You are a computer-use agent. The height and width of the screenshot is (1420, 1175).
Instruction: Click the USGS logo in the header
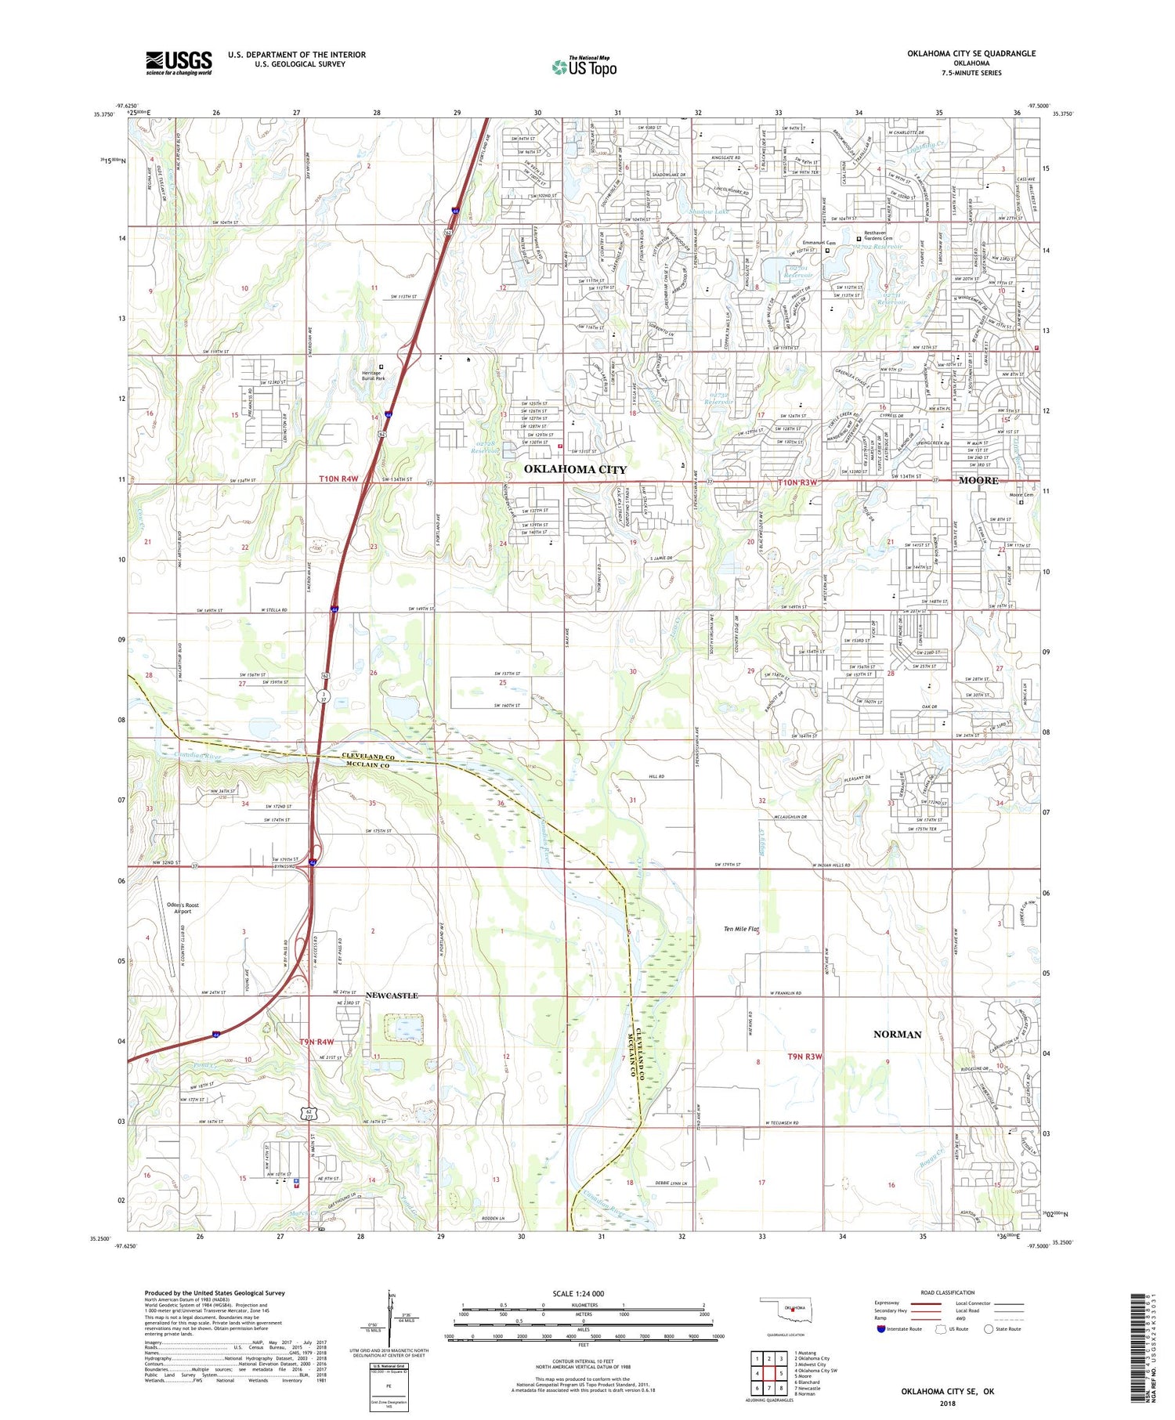179,63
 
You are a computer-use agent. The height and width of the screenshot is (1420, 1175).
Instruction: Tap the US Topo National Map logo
584,67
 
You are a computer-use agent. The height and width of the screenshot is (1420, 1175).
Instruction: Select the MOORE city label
978,480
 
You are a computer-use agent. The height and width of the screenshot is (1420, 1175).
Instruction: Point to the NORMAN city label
897,1034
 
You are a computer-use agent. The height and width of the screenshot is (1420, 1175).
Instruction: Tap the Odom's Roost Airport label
183,908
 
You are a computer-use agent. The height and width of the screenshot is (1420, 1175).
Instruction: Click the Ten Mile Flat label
741,929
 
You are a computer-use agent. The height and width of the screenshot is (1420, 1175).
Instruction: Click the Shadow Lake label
708,211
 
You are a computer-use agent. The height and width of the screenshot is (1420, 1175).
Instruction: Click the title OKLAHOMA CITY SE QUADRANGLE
971,53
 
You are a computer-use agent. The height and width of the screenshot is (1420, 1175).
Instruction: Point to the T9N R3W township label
805,1057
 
